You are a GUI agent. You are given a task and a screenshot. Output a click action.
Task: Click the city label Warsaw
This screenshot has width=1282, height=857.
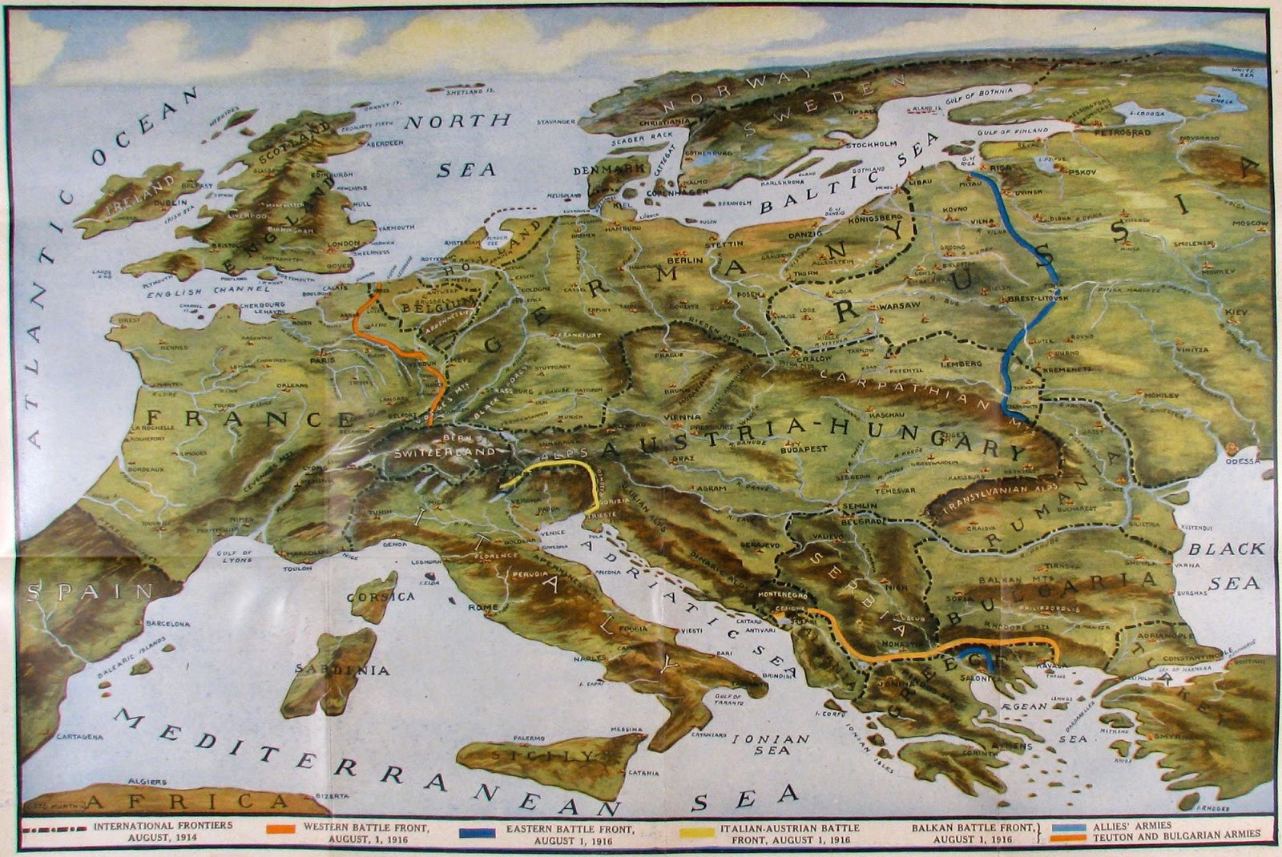(897, 307)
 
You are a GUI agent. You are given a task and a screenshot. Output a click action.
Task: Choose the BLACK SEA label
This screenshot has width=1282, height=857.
(1226, 565)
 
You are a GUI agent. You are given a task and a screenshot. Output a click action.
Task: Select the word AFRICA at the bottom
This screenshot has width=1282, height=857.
(186, 802)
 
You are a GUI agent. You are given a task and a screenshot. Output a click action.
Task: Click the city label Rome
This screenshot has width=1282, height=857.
(488, 607)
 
